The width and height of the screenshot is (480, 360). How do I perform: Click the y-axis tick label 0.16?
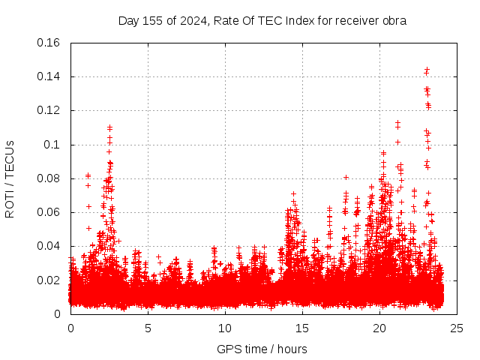coord(49,43)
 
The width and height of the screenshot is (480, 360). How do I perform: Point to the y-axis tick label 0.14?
coord(49,76)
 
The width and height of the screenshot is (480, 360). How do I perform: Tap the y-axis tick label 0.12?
coord(49,110)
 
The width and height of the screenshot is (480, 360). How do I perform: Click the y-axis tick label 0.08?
coord(49,178)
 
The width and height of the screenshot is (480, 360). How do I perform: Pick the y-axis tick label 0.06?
coord(49,212)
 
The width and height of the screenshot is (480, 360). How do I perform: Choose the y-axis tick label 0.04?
coord(49,246)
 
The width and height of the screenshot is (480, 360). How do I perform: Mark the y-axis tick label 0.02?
coord(49,280)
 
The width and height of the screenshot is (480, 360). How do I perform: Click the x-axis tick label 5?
coord(148,328)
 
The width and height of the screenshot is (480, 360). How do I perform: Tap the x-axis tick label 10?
coord(225,328)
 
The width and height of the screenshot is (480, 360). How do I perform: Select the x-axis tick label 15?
coord(302,328)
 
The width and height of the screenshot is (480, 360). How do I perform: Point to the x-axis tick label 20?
coord(379,328)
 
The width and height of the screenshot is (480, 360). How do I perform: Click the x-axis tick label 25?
coord(457,328)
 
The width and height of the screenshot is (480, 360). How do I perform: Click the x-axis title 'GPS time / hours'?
coord(262,349)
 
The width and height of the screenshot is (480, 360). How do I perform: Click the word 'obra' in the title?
coord(394,21)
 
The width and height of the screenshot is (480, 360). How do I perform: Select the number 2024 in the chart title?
coord(193,21)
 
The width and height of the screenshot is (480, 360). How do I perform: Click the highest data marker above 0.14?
coord(427,70)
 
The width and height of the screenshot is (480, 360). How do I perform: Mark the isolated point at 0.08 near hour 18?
coord(346,178)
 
